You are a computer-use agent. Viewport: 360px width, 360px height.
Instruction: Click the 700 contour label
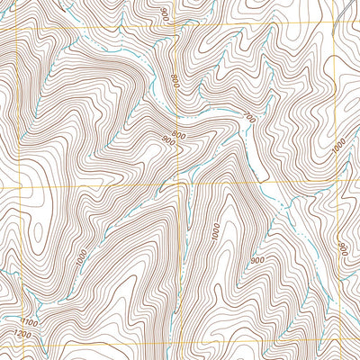point(250,118)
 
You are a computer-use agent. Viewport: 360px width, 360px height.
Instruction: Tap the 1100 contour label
point(28,321)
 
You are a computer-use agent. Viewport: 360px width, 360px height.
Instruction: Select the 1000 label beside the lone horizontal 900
point(215,230)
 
